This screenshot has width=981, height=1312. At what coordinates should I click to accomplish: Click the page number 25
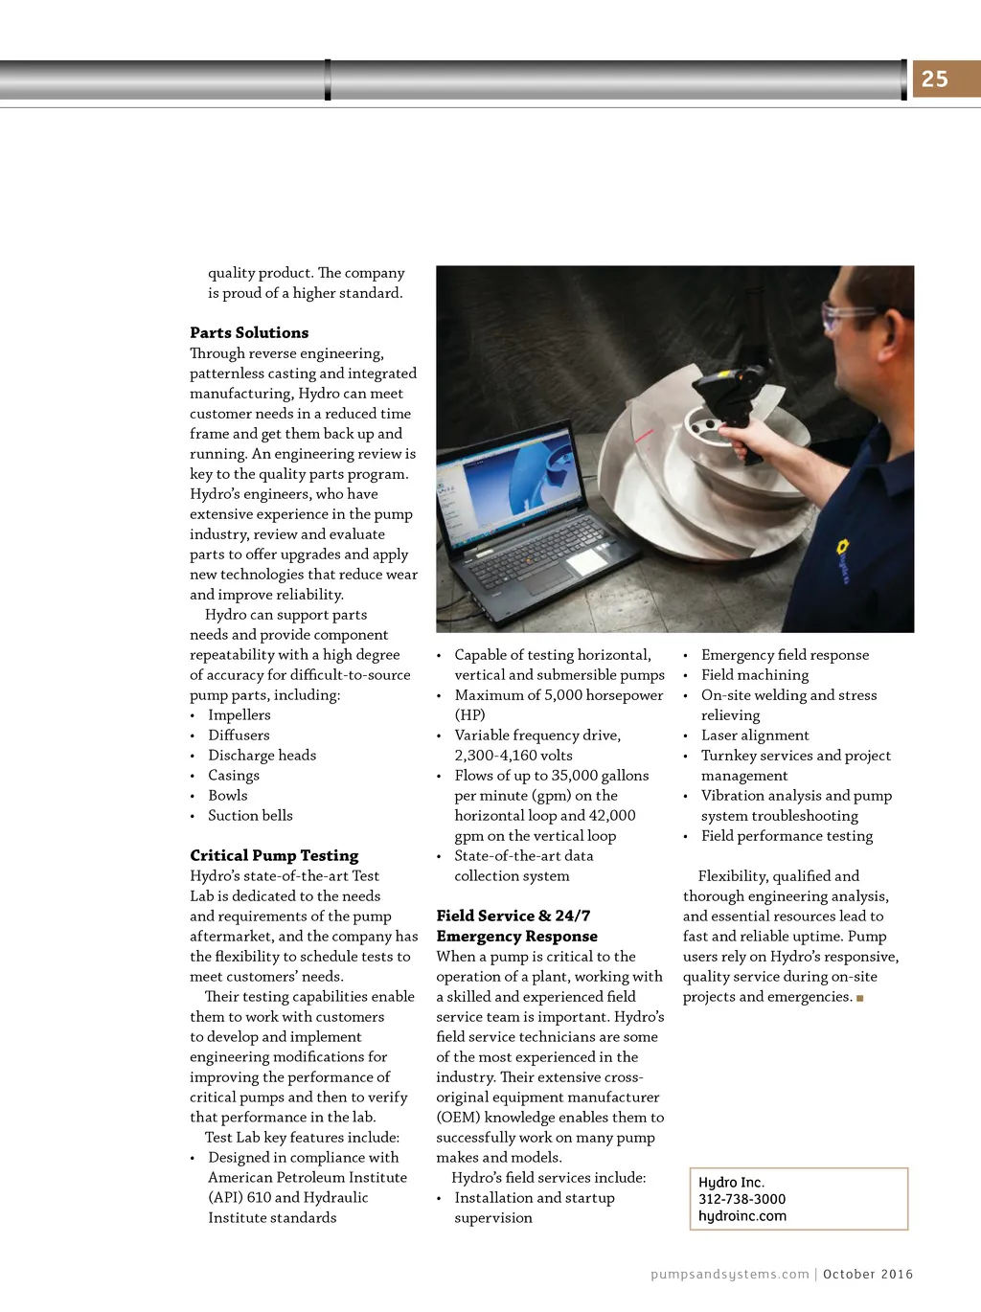coord(934,79)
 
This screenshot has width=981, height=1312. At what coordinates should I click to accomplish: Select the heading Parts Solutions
coord(249,333)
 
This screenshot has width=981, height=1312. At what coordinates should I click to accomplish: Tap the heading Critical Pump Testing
coord(274,856)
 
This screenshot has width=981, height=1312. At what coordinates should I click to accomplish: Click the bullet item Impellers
coord(240,715)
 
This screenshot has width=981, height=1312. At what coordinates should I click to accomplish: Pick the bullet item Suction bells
coord(250,816)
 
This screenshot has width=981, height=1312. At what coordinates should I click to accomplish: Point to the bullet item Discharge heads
coord(262,756)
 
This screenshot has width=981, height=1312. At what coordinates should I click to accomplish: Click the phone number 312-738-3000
coord(741,1199)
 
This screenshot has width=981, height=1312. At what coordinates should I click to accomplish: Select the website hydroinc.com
coord(741,1216)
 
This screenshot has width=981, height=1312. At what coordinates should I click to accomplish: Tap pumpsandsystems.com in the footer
coord(729,1275)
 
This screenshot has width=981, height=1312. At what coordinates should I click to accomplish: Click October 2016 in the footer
coord(868,1275)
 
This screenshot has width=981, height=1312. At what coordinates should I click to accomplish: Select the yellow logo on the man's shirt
coord(844,548)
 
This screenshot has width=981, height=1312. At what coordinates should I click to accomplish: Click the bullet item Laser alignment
coord(755,735)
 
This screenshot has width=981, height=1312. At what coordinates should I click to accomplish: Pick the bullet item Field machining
coord(755,675)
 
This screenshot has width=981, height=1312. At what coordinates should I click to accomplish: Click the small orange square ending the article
coord(860,998)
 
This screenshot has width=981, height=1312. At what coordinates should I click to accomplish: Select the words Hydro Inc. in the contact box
coord(731,1183)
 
